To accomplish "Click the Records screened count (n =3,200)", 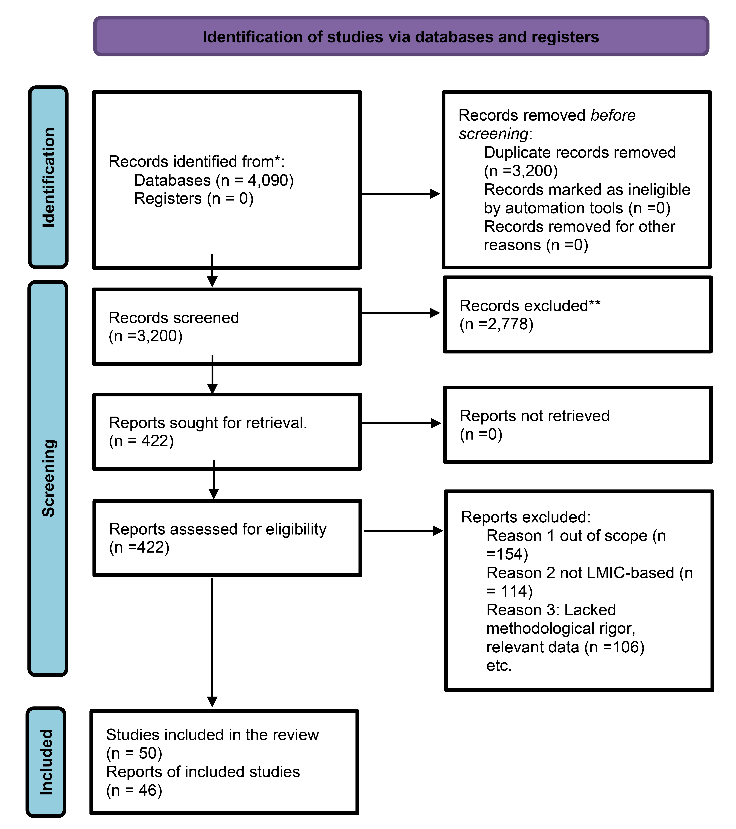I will (146, 336).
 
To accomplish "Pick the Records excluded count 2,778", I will (509, 324).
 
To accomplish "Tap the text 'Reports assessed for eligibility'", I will (218, 529).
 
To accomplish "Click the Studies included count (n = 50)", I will (134, 753).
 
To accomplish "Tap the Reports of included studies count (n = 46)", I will (134, 790).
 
